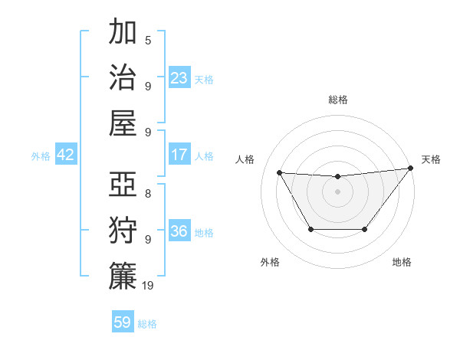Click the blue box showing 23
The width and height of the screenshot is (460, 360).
pos(179,78)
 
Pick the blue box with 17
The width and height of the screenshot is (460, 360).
pos(179,155)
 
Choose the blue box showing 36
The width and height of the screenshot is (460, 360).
pos(179,231)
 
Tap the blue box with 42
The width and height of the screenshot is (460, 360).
pos(66,155)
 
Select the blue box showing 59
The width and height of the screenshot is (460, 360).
pos(123,322)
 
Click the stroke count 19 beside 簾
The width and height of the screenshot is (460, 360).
pos(148,286)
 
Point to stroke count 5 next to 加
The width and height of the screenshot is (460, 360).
pos(147,40)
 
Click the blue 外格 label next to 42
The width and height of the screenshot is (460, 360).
pos(41,155)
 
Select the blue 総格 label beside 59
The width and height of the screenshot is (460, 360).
pos(147,323)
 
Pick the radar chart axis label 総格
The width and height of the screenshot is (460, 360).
pos(337,100)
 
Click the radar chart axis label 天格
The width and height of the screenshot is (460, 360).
pos(431,159)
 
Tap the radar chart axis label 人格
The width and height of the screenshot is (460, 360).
pos(245,159)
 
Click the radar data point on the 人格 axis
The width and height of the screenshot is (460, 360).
pos(279,172)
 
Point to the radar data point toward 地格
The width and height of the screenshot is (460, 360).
pos(364,229)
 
